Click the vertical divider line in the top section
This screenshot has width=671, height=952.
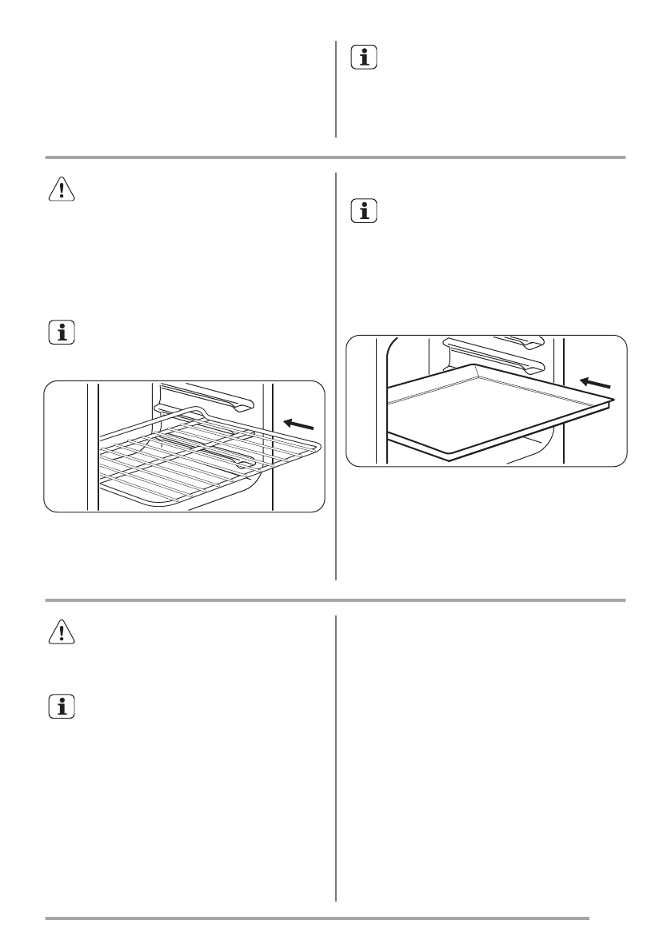[336, 89]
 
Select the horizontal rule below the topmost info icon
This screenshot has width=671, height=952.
[335, 157]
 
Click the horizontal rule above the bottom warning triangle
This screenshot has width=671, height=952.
[335, 599]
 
